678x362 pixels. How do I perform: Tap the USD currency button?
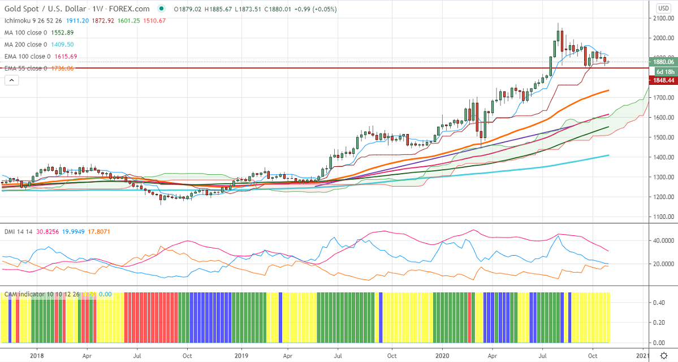coord(663,8)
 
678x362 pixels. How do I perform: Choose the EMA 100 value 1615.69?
coord(66,57)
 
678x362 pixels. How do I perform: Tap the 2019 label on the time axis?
coord(241,356)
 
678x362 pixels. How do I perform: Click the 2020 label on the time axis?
coord(442,356)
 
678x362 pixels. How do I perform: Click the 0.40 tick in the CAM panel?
coord(659,303)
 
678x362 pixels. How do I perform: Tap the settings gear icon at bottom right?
coord(663,355)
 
